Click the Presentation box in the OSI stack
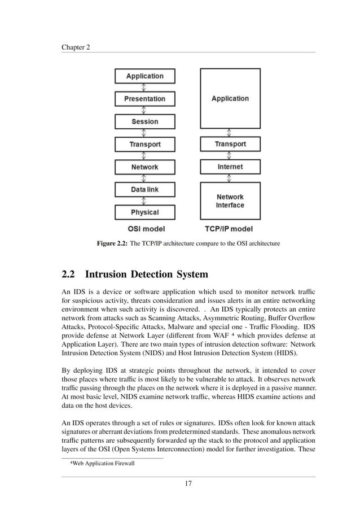click(145, 99)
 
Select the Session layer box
click(145, 121)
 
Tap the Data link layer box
click(145, 190)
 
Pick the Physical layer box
click(145, 212)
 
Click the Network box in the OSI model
click(145, 167)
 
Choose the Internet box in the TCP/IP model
click(230, 167)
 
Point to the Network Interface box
click(230, 201)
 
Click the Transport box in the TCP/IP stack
click(230, 144)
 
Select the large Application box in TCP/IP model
click(230, 98)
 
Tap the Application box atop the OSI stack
click(145, 76)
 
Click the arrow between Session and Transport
click(145, 133)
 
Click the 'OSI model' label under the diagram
click(144, 229)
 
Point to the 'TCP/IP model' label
click(229, 229)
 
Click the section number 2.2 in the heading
click(68, 274)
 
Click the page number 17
click(188, 483)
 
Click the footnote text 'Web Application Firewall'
click(102, 464)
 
